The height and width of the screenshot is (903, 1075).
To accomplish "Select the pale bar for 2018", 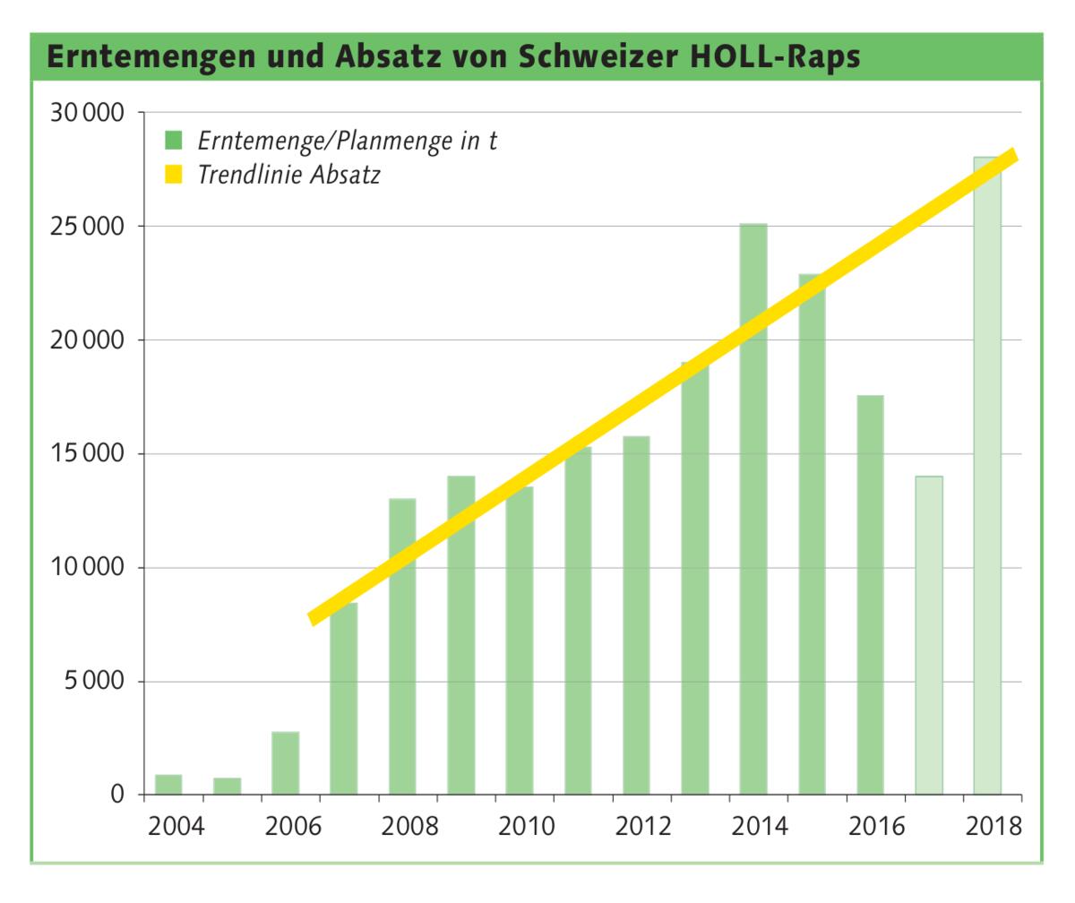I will pos(987,476).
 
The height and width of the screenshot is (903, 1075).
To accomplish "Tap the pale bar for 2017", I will pos(929,635).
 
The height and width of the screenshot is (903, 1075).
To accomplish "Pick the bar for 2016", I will pos(870,595).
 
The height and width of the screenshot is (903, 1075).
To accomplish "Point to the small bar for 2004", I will pos(168,785).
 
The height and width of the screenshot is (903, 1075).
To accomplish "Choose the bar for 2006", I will pos(286,763).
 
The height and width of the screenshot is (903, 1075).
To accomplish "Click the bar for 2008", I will pos(402,646).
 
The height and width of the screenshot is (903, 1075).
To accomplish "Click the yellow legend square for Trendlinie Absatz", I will pos(173,174).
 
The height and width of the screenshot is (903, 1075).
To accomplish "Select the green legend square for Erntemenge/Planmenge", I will pos(173,141).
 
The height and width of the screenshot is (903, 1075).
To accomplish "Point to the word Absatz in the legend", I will pos(345,174).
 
